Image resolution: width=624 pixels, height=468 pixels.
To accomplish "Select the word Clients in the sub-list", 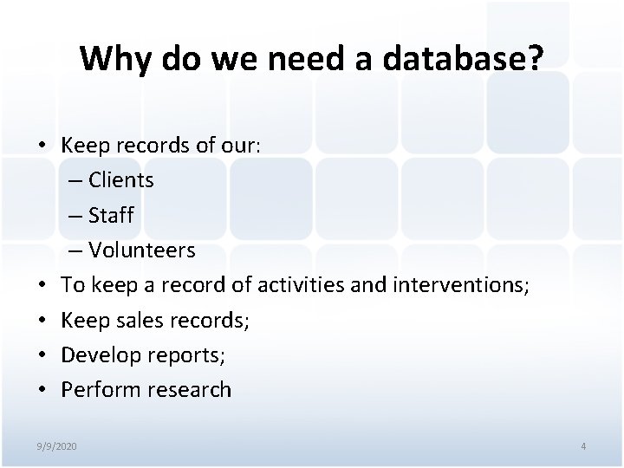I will click(121, 180).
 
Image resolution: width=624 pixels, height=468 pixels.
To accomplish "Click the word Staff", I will click(112, 215).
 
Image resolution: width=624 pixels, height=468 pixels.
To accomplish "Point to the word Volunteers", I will click(142, 250).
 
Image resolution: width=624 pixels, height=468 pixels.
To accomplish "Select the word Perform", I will click(95, 389).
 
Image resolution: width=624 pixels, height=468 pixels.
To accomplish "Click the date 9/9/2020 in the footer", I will click(56, 445).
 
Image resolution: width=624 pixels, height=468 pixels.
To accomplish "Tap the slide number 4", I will click(583, 445).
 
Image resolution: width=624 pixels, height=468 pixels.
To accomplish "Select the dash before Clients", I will click(73, 181).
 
